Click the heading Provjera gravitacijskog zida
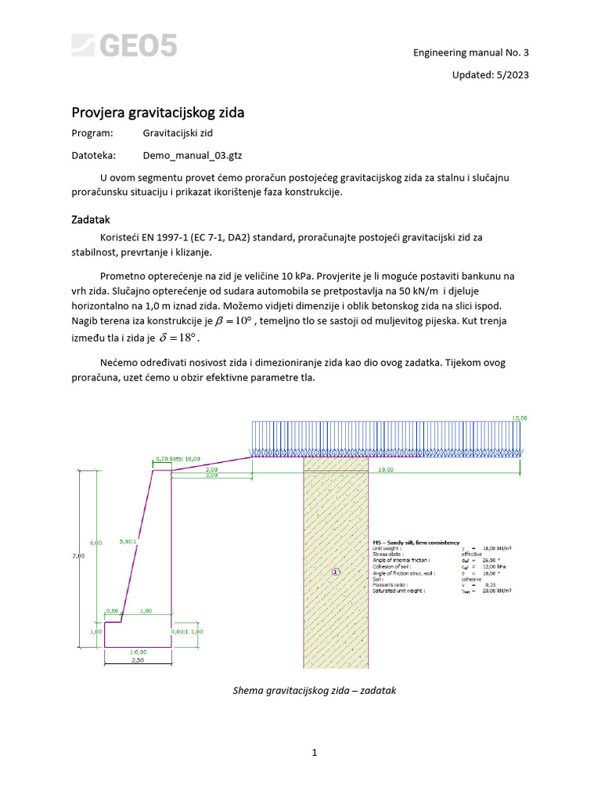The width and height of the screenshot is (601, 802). point(158,112)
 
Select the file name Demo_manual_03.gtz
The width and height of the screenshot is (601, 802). point(187,155)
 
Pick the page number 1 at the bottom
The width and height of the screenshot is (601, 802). point(314,753)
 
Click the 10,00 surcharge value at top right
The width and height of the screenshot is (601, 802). point(519,418)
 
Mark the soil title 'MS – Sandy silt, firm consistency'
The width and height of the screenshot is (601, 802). point(414,542)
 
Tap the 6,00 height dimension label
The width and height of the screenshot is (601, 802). point(96,542)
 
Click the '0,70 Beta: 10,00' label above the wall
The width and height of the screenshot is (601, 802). point(178,459)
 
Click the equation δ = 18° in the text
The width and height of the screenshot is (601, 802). point(179,338)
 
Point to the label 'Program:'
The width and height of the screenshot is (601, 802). point(92,134)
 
